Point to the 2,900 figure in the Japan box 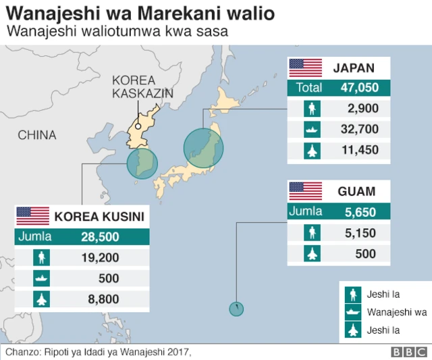coord(362,108)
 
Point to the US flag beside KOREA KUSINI coord(32,216)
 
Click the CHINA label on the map coord(37,135)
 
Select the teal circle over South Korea coord(142,163)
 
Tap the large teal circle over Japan coord(203,147)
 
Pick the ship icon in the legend coord(352,313)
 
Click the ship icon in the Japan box coord(312,129)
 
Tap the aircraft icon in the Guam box coord(312,254)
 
